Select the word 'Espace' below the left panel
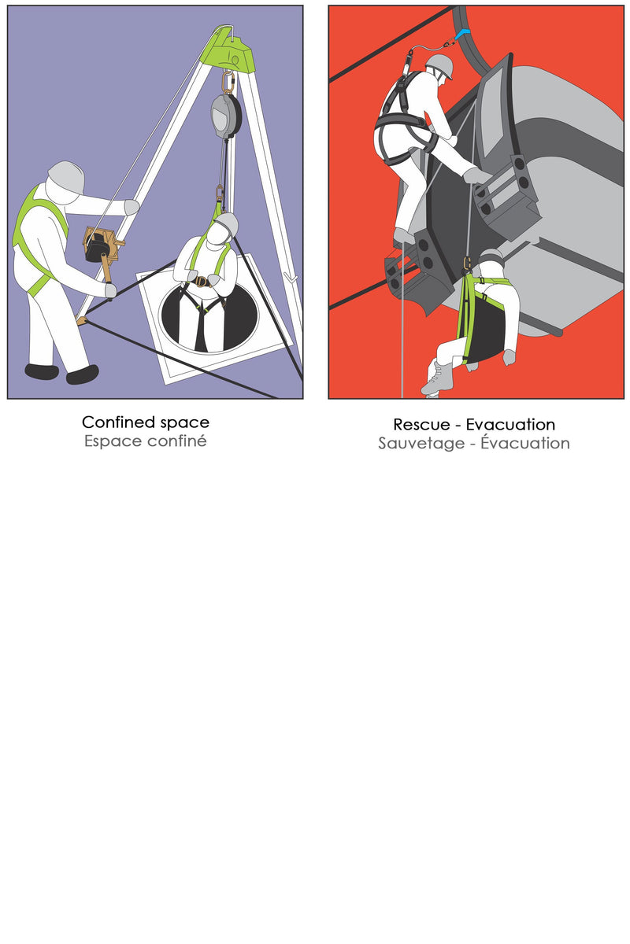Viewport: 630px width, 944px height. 113,441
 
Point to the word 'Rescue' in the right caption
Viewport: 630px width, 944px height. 421,424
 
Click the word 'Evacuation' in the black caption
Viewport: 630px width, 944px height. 510,424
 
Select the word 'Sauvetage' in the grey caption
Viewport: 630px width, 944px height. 421,444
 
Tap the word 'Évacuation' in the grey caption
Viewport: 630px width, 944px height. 525,441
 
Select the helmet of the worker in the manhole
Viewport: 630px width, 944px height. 227,223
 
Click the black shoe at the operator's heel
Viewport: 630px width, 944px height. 42,371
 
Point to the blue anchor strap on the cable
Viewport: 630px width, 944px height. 463,34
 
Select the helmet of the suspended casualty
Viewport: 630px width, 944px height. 493,256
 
